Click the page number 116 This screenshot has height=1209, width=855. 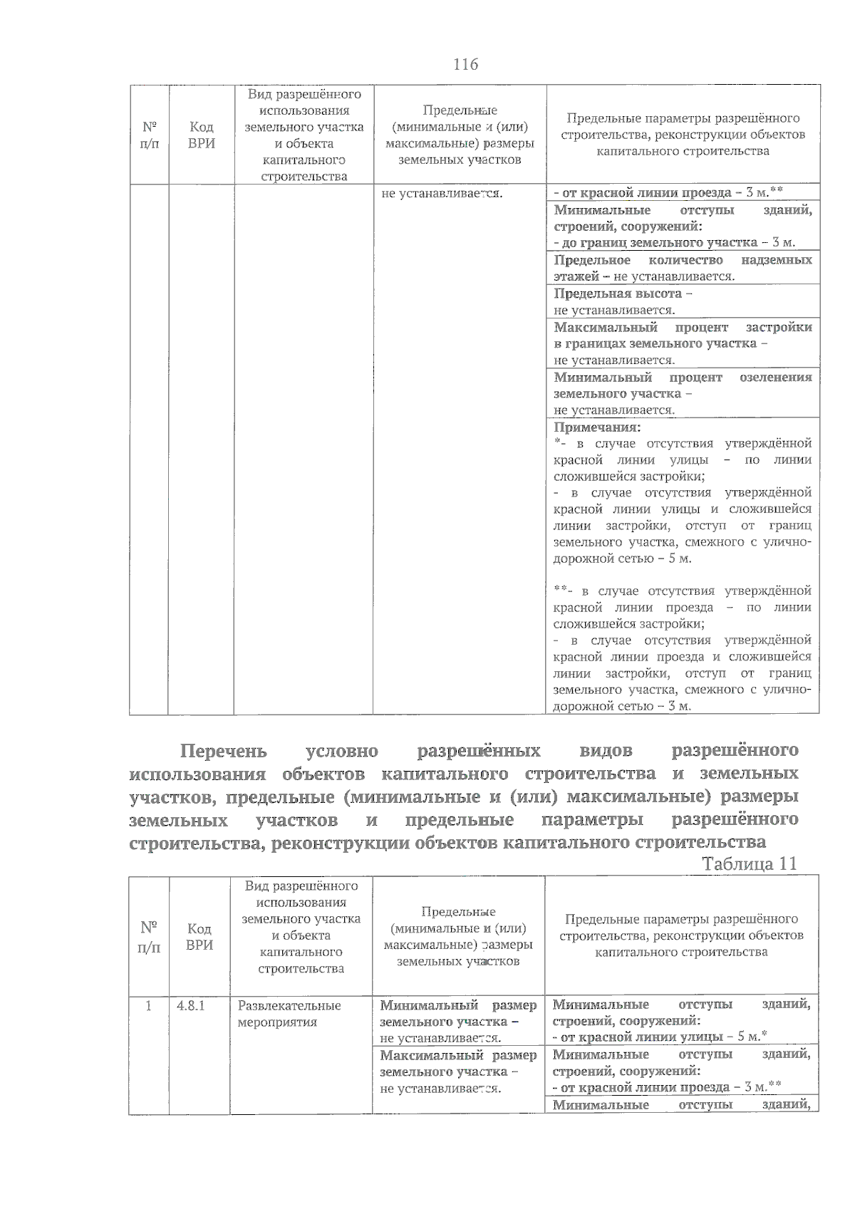pos(465,65)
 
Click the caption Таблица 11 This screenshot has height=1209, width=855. pos(749,863)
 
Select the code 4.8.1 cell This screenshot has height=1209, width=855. pos(191,1006)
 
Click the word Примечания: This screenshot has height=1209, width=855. pos(597,427)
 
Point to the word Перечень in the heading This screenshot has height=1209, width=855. pos(223,751)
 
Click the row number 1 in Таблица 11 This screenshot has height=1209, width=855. pos(148,1006)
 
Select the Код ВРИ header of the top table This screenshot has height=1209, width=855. pos(201,135)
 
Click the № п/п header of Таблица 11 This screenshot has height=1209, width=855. pos(148,937)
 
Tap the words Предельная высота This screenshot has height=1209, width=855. pos(618,294)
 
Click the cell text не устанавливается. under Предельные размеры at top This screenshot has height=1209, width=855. pos(442,193)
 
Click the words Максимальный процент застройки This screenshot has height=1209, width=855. pos(683,327)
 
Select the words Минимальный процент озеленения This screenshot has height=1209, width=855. pos(683,377)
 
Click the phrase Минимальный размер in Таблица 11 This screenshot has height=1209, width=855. pos(457,1005)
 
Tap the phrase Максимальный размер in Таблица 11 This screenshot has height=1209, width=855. pos(457,1055)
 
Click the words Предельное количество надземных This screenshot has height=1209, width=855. pos(683,260)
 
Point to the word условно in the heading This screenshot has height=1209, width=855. pos(341,751)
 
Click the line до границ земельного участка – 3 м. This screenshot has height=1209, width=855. pos(674,243)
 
